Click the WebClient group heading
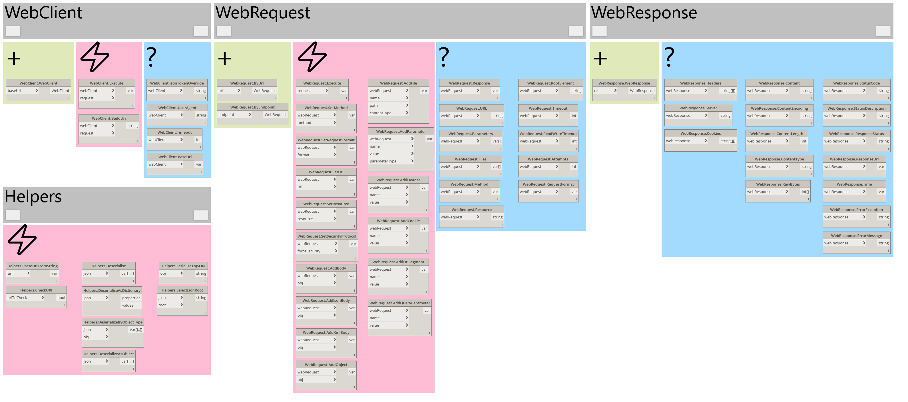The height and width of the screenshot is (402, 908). click(43, 13)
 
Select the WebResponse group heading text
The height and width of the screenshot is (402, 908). click(644, 13)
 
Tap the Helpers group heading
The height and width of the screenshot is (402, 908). click(33, 197)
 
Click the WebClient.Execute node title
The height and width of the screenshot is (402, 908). click(107, 83)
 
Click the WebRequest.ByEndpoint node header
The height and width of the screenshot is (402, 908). click(252, 107)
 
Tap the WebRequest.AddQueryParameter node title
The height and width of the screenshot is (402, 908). click(399, 303)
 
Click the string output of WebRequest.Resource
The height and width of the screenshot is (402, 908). click(497, 217)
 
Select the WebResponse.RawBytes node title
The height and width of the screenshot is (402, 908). click(778, 184)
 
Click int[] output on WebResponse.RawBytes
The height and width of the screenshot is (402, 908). click(805, 192)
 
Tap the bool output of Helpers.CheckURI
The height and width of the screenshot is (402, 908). click(61, 298)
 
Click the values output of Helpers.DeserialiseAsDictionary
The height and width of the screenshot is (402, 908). click(128, 305)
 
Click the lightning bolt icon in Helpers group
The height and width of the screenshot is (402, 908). click(22, 240)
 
